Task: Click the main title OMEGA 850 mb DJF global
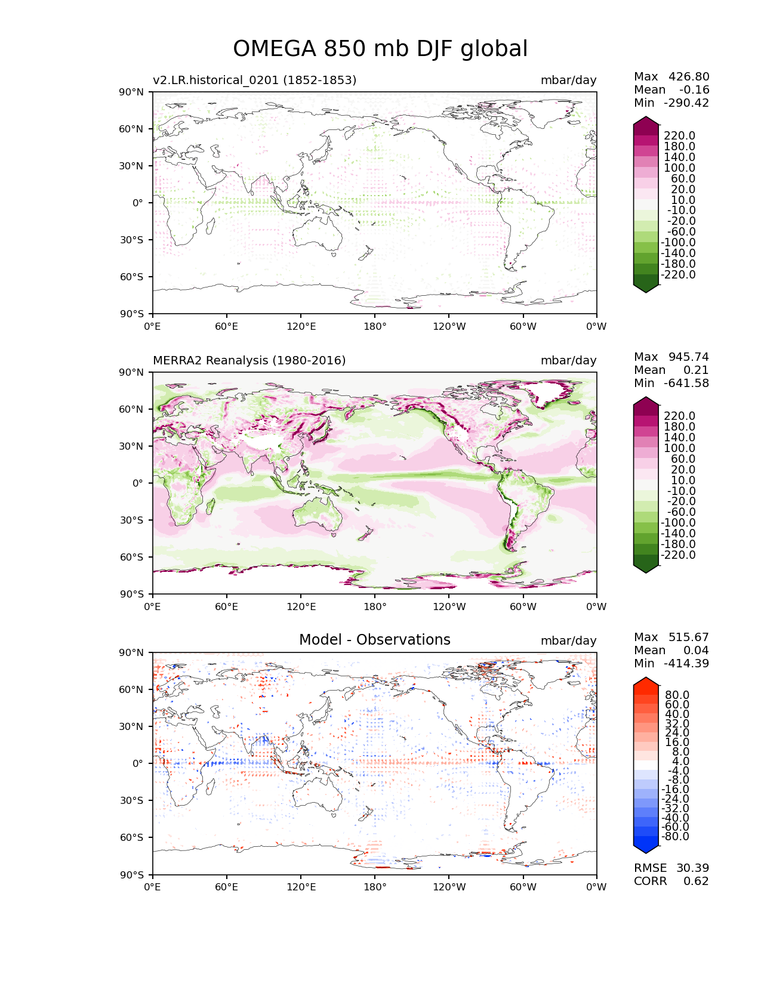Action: (380, 49)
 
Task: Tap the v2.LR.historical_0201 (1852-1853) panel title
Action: (254, 80)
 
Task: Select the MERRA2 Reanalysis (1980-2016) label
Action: (249, 360)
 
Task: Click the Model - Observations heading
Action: (374, 640)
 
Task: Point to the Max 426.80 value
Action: (671, 76)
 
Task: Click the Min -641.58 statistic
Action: (671, 383)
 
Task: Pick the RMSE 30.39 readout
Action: (671, 868)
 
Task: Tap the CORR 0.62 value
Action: (671, 881)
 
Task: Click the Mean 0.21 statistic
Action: (671, 370)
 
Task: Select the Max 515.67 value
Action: (671, 637)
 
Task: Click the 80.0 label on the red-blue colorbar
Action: (677, 695)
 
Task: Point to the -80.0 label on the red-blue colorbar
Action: (676, 836)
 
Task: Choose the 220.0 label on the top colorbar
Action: (679, 135)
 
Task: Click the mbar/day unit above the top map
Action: (568, 80)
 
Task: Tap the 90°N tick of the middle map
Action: (132, 372)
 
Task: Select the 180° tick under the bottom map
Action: (375, 887)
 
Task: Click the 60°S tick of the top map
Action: (132, 277)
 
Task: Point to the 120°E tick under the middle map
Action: (301, 607)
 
